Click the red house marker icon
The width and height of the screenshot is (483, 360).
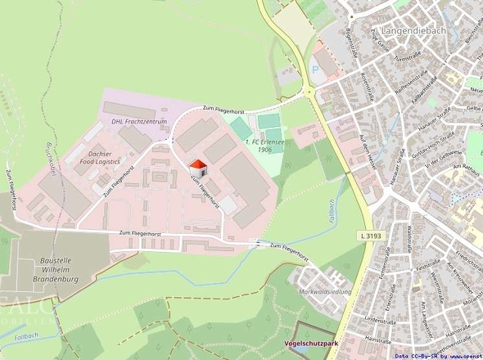click(200, 167)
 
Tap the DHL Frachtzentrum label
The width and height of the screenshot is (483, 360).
click(139, 122)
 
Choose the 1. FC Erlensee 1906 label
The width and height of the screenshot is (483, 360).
click(260, 146)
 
